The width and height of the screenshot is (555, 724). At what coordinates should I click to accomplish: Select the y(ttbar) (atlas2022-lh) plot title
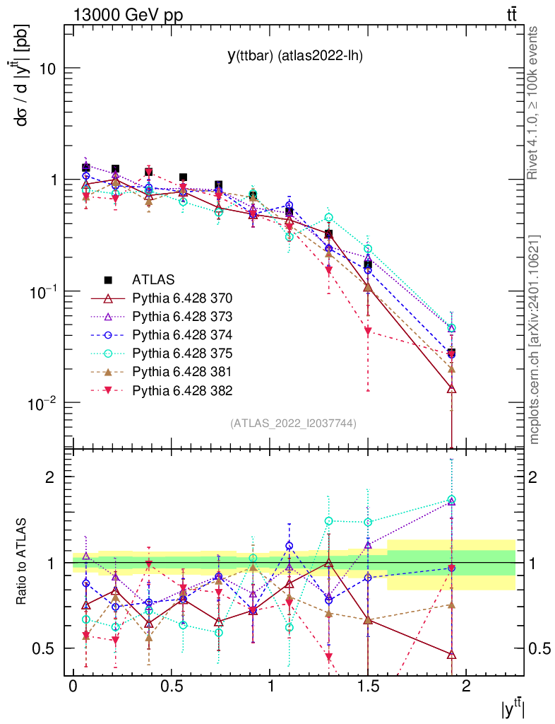295,56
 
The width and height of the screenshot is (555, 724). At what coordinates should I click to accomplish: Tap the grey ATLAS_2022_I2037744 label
293,423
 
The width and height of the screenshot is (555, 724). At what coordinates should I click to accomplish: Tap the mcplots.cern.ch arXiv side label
535,340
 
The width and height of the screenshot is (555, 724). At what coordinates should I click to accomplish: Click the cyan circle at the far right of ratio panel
451,500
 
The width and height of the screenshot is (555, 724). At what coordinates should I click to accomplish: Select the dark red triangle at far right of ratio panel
451,655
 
